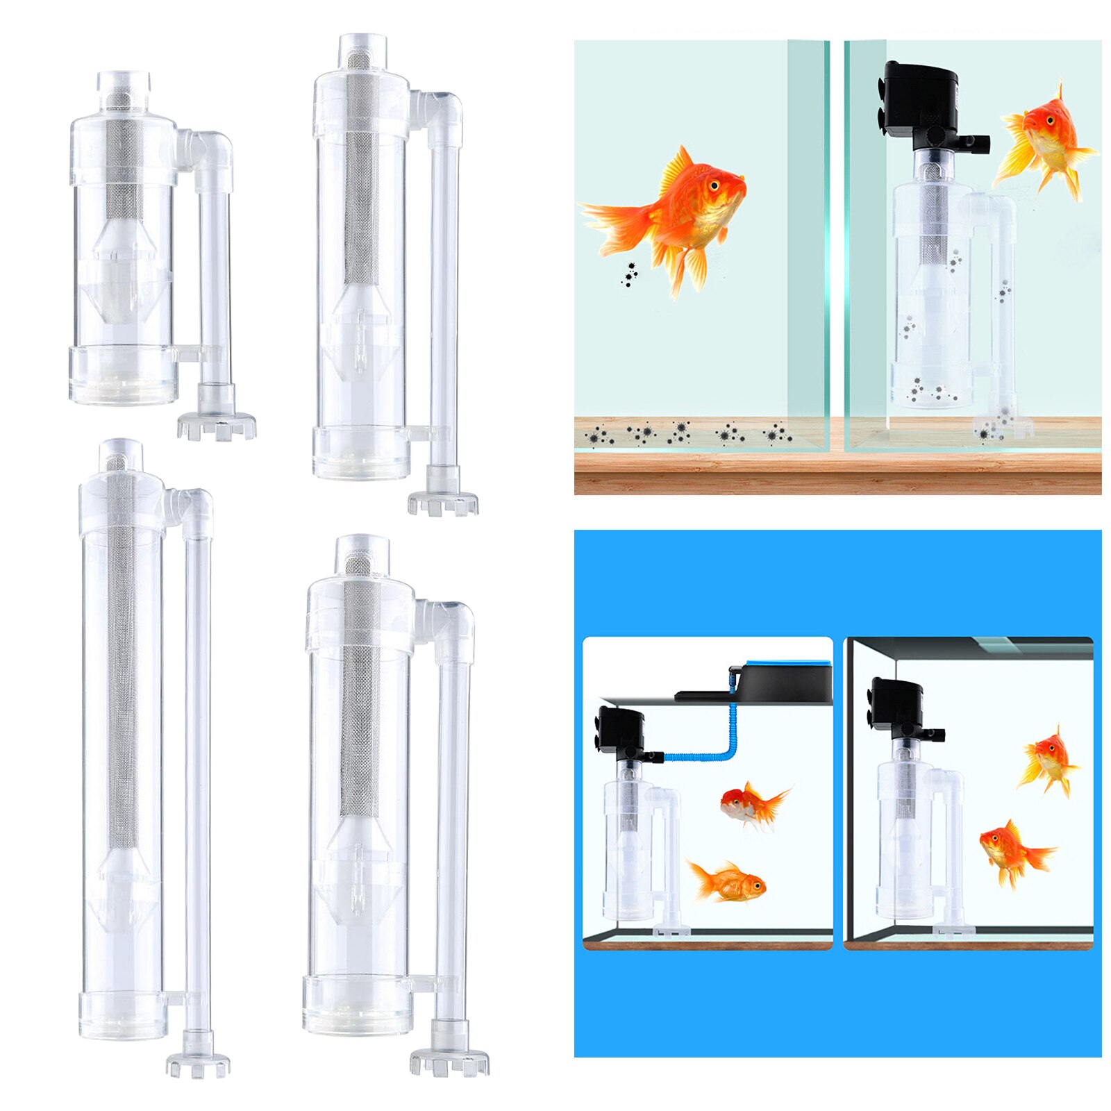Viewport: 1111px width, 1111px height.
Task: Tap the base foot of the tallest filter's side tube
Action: click(198, 1062)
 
